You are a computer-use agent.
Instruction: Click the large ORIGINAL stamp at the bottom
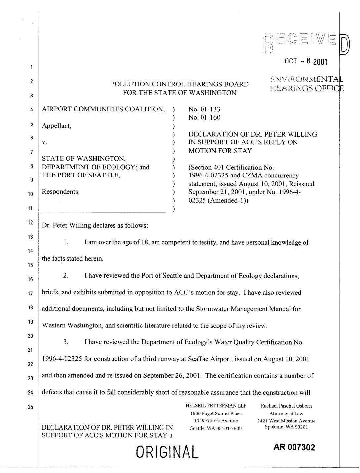(x=167, y=452)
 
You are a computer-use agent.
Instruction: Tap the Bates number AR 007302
(x=294, y=447)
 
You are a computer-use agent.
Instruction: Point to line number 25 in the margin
(x=30, y=407)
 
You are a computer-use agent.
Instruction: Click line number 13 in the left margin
(x=30, y=237)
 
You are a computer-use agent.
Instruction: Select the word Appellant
(x=57, y=126)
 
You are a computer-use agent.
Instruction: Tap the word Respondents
(x=61, y=192)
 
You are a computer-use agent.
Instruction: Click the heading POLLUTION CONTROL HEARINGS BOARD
(x=180, y=84)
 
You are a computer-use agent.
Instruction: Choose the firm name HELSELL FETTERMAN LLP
(x=216, y=406)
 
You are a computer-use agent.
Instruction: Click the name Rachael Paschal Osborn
(x=286, y=406)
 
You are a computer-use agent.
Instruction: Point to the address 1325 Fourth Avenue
(x=216, y=421)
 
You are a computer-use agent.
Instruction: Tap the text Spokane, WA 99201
(x=286, y=427)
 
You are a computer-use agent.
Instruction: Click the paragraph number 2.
(x=66, y=276)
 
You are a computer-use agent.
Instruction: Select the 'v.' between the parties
(x=44, y=143)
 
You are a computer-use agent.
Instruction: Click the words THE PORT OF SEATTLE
(x=81, y=175)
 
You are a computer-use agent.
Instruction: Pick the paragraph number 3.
(x=66, y=342)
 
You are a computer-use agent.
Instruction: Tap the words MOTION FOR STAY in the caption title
(x=220, y=151)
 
